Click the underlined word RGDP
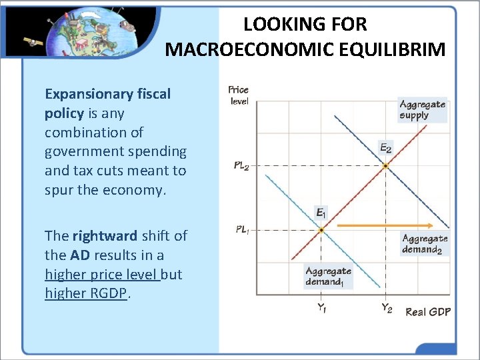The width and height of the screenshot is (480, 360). pyautogui.click(x=107, y=293)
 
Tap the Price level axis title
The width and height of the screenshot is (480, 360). pyautogui.click(x=238, y=95)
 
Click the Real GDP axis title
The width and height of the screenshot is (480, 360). pyautogui.click(x=428, y=311)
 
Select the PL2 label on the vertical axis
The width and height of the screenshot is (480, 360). pyautogui.click(x=241, y=166)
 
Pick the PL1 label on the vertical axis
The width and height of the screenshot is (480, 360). pyautogui.click(x=241, y=229)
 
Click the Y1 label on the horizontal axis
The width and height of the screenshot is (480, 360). pyautogui.click(x=321, y=308)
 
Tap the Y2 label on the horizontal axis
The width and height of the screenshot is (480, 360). pyautogui.click(x=386, y=308)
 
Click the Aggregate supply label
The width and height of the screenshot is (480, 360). pyautogui.click(x=422, y=109)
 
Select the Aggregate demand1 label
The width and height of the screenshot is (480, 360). pyautogui.click(x=328, y=276)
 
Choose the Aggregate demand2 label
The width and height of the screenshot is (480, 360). pyautogui.click(x=425, y=244)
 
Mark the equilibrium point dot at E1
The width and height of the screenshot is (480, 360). pyautogui.click(x=321, y=230)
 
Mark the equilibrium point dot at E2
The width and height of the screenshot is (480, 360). pyautogui.click(x=386, y=165)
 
